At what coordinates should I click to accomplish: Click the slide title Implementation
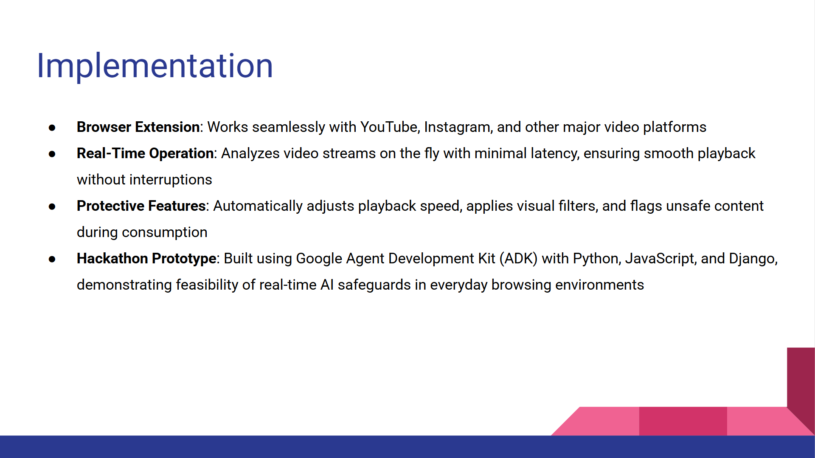click(155, 67)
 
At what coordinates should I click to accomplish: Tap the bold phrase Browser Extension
click(138, 127)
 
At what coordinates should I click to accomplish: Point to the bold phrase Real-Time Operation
click(145, 154)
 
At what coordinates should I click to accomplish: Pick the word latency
click(555, 154)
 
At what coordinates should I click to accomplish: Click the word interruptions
click(171, 180)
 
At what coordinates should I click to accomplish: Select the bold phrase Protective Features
click(141, 206)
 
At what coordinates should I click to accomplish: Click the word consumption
click(165, 232)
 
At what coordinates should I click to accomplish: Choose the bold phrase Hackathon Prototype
click(146, 259)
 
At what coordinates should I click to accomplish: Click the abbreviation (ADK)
click(518, 259)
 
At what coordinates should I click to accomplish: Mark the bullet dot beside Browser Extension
click(52, 128)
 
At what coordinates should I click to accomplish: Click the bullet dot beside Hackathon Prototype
click(52, 259)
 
